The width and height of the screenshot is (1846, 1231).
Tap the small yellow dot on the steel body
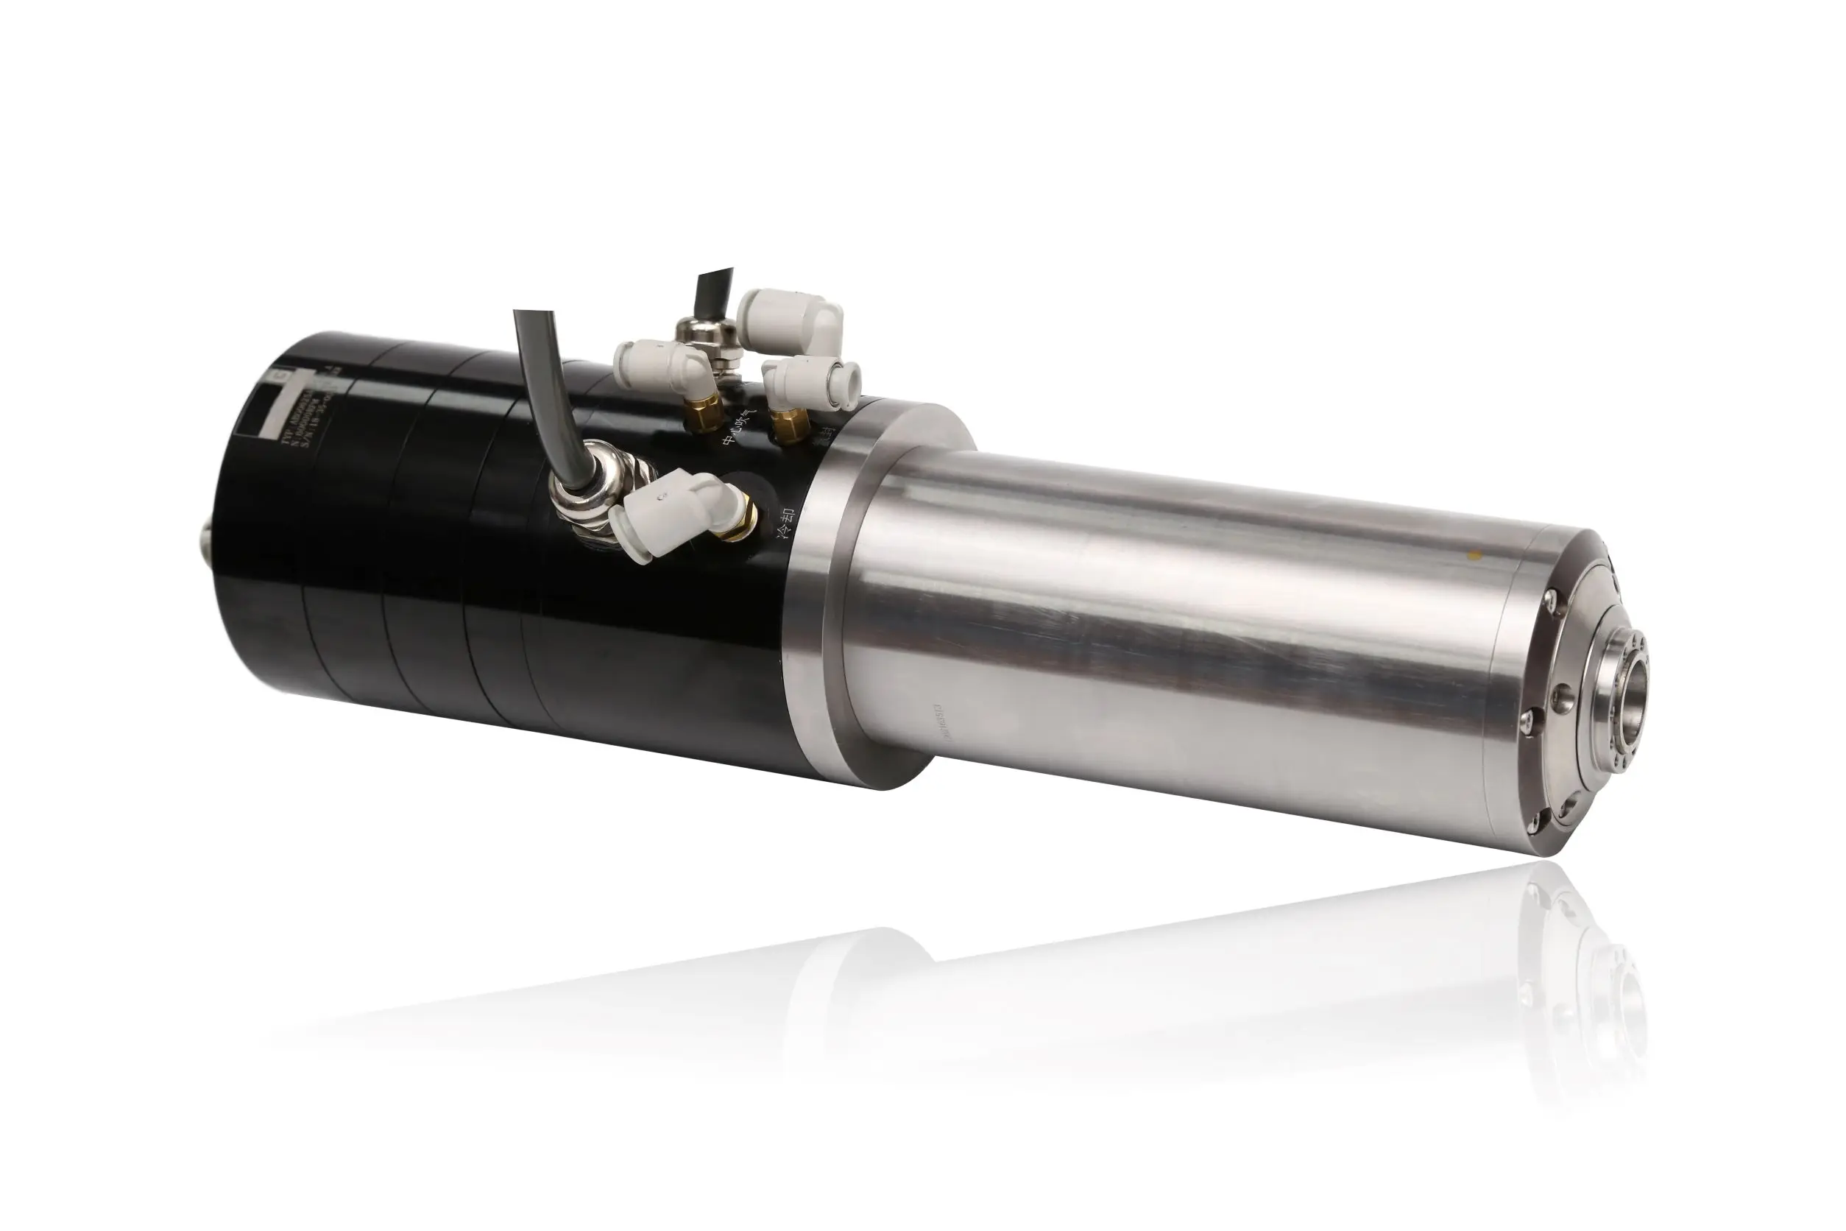pos(1474,556)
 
